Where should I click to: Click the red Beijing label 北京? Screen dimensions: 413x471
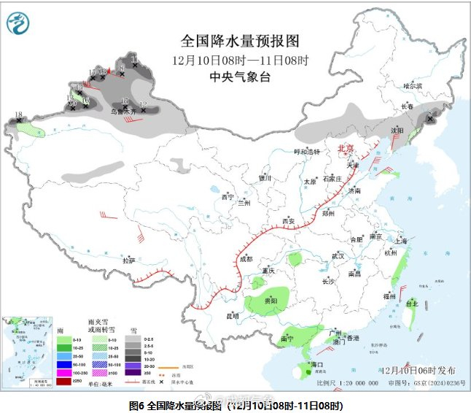(345, 148)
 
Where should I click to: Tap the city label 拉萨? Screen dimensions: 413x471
(129, 260)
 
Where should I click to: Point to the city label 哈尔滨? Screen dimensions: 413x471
(413, 85)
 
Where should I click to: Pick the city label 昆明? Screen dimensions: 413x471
(233, 316)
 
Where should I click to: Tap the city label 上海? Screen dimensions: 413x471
(398, 240)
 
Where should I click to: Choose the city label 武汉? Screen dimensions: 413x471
(338, 256)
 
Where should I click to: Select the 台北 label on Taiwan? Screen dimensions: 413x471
(412, 303)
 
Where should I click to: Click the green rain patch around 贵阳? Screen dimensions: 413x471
(270, 303)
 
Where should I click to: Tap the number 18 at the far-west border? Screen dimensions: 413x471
(18, 115)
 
